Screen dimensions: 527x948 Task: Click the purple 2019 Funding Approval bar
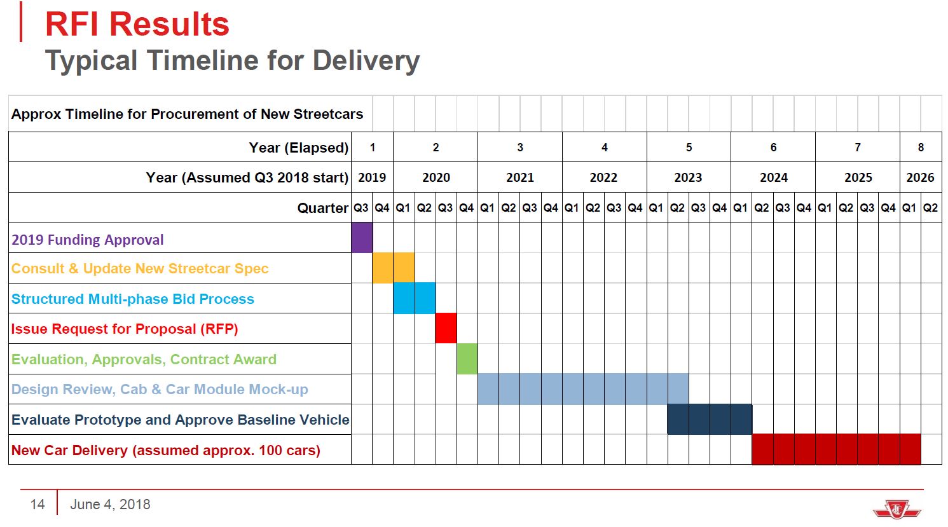tap(362, 238)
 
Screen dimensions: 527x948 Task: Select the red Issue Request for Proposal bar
tap(446, 328)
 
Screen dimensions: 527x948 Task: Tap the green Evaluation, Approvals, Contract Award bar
tap(467, 359)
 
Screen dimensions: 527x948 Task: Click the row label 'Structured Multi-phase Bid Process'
tap(133, 299)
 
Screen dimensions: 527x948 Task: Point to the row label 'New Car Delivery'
tap(165, 450)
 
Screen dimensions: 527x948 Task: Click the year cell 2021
tap(519, 177)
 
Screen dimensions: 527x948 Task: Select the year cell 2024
tap(773, 177)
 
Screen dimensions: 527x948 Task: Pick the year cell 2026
tap(920, 177)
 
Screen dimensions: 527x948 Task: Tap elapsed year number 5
tap(689, 147)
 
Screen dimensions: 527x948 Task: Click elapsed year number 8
tap(920, 147)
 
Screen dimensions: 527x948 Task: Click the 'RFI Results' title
tap(137, 24)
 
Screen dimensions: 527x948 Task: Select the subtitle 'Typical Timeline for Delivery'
tap(232, 60)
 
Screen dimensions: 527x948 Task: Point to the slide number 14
tap(38, 504)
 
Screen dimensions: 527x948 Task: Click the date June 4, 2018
tap(110, 504)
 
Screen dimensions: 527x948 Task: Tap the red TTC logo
tap(896, 508)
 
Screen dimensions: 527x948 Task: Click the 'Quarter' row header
tap(322, 208)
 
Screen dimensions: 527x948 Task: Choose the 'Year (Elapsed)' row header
tap(298, 147)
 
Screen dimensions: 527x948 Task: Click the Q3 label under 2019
tap(361, 208)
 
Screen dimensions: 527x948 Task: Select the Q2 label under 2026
tap(930, 208)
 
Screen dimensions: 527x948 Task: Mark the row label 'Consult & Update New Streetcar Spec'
tap(140, 268)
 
